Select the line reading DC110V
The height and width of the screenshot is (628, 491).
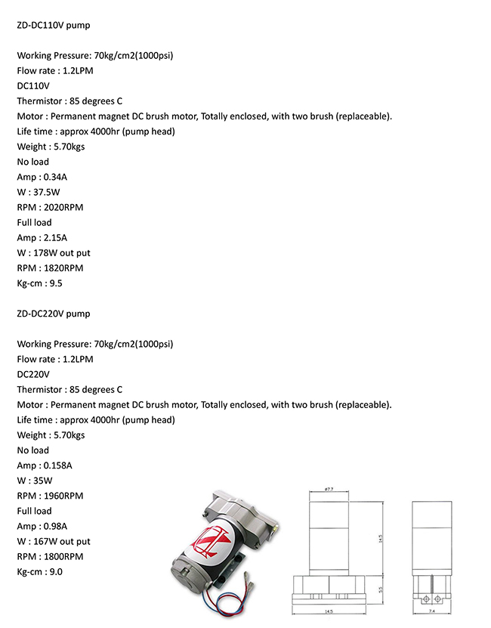(x=33, y=85)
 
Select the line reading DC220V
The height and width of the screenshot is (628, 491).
(x=33, y=374)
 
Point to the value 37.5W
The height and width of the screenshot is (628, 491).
(x=49, y=192)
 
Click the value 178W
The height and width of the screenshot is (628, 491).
(x=45, y=252)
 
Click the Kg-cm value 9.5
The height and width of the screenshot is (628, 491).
(x=55, y=283)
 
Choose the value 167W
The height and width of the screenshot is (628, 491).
(x=45, y=541)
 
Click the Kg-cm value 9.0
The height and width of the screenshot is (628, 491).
(x=55, y=572)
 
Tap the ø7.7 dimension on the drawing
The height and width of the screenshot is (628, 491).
(x=329, y=490)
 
